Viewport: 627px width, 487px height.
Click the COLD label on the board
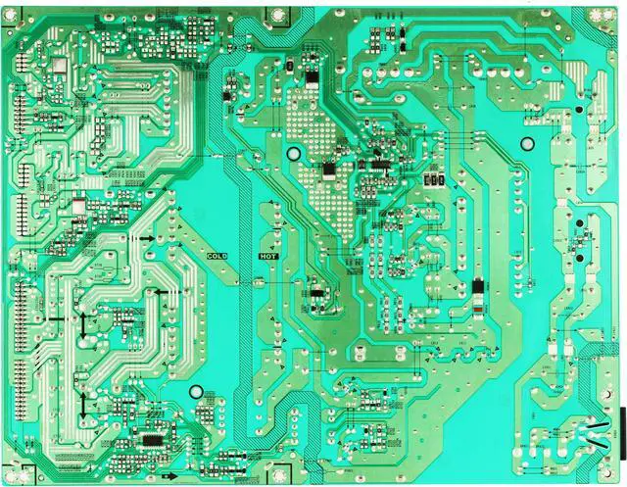[217, 256]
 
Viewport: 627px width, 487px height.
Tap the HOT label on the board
[268, 256]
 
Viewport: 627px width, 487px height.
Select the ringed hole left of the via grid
[293, 154]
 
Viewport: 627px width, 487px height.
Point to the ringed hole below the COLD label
[197, 392]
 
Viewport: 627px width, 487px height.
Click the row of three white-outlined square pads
[438, 180]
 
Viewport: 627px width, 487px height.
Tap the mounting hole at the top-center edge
[277, 15]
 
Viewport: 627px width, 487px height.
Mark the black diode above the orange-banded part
[477, 288]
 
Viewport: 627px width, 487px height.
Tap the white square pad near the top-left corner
[57, 65]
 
